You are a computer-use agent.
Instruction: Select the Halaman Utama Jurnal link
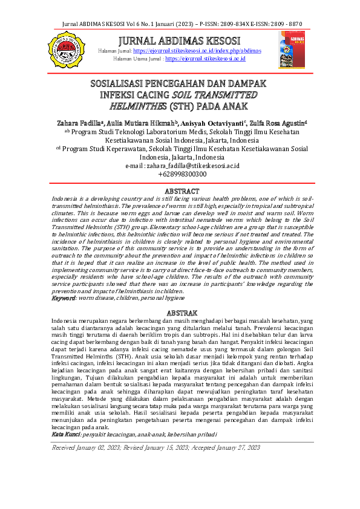coord(205,59)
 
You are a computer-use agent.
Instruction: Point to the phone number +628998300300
coord(182,174)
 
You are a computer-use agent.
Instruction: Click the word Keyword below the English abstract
coord(63,299)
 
